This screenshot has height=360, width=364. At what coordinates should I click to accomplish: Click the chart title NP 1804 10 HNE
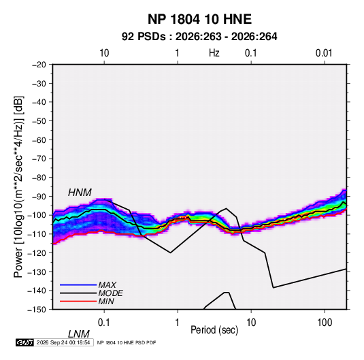click(x=199, y=19)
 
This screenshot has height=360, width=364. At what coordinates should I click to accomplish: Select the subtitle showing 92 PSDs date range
click(x=199, y=37)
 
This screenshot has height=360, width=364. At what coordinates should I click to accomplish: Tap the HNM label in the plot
click(x=80, y=193)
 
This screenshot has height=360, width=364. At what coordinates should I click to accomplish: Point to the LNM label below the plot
click(x=78, y=334)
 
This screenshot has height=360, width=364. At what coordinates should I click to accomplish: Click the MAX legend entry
click(x=107, y=284)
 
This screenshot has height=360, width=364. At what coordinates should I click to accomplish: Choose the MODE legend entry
click(x=110, y=293)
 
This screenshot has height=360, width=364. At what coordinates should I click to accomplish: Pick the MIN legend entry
click(x=106, y=301)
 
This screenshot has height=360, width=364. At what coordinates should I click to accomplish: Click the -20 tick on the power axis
click(x=39, y=65)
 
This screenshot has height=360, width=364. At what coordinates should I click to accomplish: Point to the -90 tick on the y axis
click(x=39, y=196)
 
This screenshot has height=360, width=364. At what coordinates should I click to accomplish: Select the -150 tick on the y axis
click(x=37, y=310)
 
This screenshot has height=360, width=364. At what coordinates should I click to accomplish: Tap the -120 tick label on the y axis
click(x=37, y=252)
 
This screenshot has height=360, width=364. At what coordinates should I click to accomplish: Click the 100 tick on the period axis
click(x=325, y=322)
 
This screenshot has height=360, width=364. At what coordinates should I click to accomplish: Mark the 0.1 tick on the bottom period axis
click(x=104, y=322)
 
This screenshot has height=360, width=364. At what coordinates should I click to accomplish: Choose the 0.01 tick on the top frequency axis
click(x=324, y=53)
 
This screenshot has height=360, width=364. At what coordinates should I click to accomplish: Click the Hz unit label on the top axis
click(x=214, y=53)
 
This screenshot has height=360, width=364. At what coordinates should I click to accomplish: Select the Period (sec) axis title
click(x=214, y=330)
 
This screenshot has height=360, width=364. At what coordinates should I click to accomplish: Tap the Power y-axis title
click(x=18, y=187)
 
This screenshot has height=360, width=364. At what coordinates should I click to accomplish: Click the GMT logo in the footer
click(x=24, y=342)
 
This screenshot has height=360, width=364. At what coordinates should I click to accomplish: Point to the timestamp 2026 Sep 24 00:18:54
click(x=63, y=342)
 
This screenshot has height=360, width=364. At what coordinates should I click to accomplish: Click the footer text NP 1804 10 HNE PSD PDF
click(x=127, y=342)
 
